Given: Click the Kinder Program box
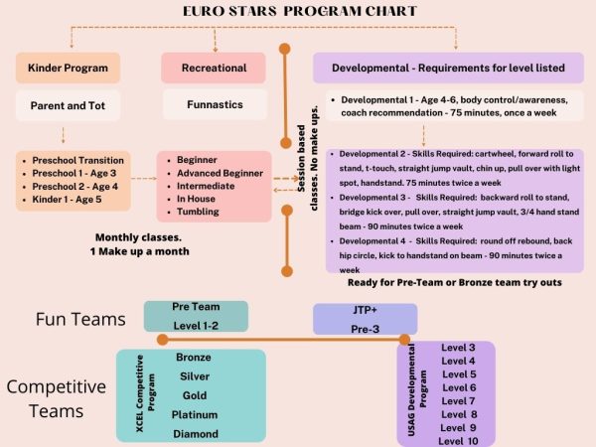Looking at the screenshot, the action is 68,68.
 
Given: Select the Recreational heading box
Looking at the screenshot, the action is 214,68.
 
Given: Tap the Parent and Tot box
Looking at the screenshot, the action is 68,105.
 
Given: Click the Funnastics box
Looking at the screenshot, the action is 215,104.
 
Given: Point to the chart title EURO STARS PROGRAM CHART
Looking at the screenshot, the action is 300,11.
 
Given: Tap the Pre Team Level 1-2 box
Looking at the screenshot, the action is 196,316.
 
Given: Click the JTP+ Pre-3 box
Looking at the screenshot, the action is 366,319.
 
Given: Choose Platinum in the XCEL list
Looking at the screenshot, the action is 195,414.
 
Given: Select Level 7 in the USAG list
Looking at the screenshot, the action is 458,401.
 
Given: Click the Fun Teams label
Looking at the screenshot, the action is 80,319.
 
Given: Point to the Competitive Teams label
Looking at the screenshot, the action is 57,398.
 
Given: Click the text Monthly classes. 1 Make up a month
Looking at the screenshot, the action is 139,244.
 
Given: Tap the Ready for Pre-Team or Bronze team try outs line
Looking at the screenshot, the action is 455,282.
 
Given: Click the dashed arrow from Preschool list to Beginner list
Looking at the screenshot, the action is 144,178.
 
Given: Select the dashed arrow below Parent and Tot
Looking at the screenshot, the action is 64,135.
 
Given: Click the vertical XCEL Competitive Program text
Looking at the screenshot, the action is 145,393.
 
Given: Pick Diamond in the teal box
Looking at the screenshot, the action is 196,434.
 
